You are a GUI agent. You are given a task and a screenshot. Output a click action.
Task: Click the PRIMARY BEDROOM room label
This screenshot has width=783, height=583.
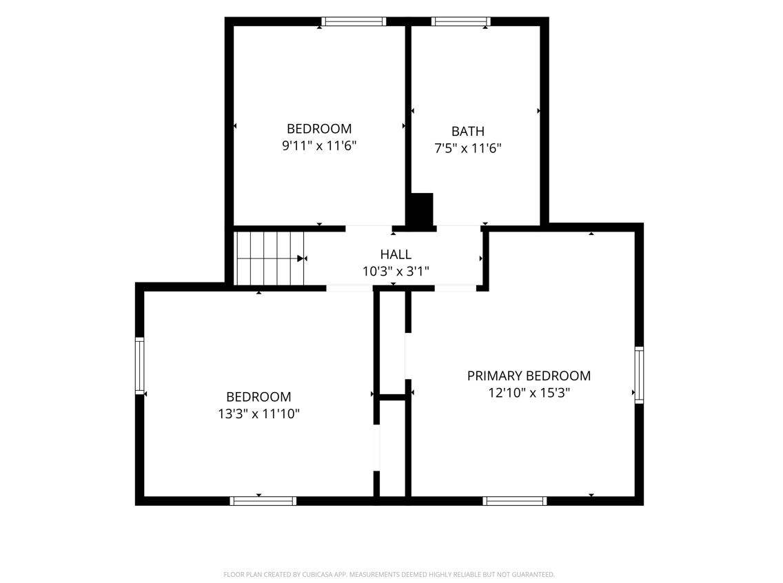pyautogui.click(x=529, y=376)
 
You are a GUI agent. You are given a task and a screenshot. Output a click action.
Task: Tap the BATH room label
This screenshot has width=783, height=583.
pyautogui.click(x=468, y=131)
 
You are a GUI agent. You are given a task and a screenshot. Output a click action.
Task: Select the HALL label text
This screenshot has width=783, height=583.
pyautogui.click(x=396, y=254)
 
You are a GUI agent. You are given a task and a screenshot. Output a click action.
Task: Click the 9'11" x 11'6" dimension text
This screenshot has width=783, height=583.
pyautogui.click(x=319, y=146)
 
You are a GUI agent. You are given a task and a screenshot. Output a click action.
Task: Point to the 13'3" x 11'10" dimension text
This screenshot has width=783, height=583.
pyautogui.click(x=258, y=413)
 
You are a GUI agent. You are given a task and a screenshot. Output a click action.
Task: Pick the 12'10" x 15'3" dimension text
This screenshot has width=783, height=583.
pyautogui.click(x=529, y=393)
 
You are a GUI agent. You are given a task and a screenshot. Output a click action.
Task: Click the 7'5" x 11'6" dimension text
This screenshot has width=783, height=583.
pyautogui.click(x=468, y=148)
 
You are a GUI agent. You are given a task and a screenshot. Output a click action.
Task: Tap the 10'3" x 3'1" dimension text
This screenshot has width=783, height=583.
pyautogui.click(x=396, y=272)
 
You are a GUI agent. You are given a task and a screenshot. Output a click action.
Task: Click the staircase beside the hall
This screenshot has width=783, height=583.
pyautogui.click(x=269, y=258)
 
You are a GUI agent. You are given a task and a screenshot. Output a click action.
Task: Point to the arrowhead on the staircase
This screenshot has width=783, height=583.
pyautogui.click(x=301, y=258)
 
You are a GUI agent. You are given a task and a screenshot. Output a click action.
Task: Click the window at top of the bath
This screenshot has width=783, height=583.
pyautogui.click(x=460, y=21)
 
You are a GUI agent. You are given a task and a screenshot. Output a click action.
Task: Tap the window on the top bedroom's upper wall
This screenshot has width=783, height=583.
pyautogui.click(x=354, y=21)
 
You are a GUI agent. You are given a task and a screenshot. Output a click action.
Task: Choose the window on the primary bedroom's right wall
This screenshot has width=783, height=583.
pyautogui.click(x=639, y=375)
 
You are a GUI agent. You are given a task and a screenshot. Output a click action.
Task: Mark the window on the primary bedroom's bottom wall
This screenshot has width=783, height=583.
pyautogui.click(x=514, y=501)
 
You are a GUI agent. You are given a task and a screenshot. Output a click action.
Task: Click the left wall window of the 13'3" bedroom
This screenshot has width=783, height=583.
pyautogui.click(x=140, y=366)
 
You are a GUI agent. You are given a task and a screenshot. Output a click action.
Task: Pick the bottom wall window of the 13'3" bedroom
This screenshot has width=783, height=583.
pyautogui.click(x=263, y=501)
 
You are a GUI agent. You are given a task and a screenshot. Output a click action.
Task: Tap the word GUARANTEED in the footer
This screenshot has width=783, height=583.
pyautogui.click(x=533, y=575)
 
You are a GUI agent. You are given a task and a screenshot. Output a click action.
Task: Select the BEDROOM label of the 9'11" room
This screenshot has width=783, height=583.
pyautogui.click(x=319, y=129)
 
